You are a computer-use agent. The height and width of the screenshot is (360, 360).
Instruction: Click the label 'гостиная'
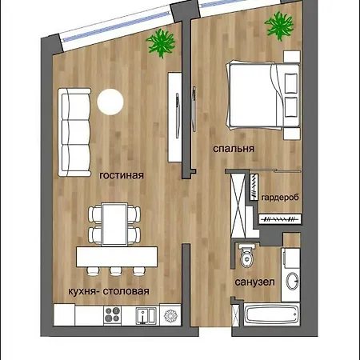coord(122,175)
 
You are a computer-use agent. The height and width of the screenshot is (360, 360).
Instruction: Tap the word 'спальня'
coord(234,149)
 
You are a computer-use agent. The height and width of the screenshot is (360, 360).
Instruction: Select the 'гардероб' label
coord(280,198)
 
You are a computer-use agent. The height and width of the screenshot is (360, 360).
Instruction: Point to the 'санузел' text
coord(254,282)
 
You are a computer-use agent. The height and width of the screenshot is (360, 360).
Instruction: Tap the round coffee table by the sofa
coord(110,102)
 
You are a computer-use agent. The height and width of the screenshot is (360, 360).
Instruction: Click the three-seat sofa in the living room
coord(74,132)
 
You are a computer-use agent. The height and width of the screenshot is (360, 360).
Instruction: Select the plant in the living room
coord(161,43)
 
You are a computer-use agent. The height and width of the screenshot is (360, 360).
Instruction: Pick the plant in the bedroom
coord(279,26)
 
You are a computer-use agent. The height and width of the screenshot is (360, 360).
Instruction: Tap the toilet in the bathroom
coord(247,255)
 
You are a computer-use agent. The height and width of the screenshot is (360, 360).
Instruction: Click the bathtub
coord(272,314)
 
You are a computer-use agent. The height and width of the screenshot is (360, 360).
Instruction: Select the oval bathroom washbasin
coord(292,281)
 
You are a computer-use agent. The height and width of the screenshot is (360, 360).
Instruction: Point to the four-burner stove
coord(112,315)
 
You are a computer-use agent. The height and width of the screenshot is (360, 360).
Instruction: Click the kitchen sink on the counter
coord(146,315)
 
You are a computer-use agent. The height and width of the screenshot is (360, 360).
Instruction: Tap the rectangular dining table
coord(114,224)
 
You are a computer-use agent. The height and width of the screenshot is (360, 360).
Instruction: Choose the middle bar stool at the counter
coord(116,271)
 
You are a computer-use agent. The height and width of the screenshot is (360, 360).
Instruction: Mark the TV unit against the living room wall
coord(174,118)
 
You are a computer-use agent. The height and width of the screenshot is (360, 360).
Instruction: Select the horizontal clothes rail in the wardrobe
coord(280,219)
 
